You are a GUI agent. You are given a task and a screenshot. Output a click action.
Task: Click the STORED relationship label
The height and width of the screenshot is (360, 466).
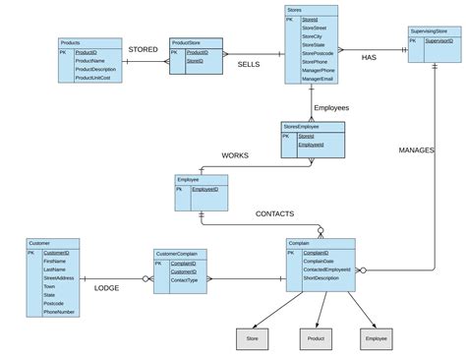click(143, 48)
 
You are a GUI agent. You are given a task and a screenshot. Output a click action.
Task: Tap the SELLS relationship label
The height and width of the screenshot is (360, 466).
click(248, 64)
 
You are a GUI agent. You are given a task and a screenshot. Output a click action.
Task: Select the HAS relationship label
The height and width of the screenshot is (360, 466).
click(369, 57)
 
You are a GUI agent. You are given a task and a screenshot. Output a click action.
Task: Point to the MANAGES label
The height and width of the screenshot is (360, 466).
click(417, 150)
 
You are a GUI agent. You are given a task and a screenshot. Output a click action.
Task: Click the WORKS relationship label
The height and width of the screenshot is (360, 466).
click(235, 155)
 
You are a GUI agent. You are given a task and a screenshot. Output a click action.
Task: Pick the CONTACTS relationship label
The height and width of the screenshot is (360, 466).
click(274, 213)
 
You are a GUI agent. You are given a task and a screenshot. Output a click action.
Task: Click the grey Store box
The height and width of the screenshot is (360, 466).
click(253, 339)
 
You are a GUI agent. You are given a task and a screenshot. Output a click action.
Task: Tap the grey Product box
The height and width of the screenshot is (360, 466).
click(316, 339)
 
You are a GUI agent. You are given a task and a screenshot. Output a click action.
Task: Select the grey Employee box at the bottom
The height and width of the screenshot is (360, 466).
click(376, 339)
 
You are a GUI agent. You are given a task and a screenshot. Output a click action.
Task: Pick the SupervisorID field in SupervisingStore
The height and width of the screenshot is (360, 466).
click(438, 42)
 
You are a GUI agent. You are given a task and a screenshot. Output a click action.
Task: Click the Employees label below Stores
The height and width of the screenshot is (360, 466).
click(331, 107)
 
